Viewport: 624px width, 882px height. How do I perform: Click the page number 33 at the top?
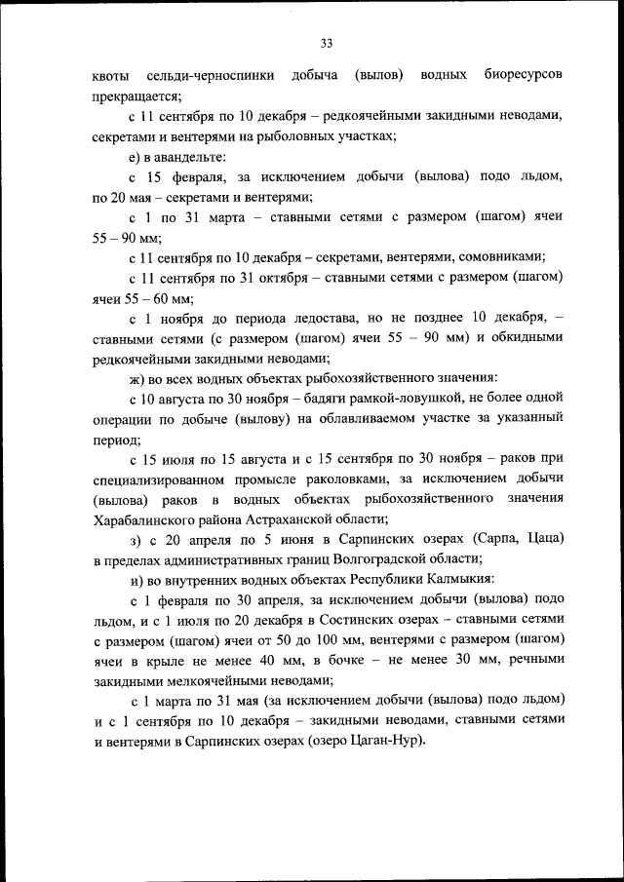point(327,41)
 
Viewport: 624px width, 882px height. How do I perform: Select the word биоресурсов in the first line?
point(522,75)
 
